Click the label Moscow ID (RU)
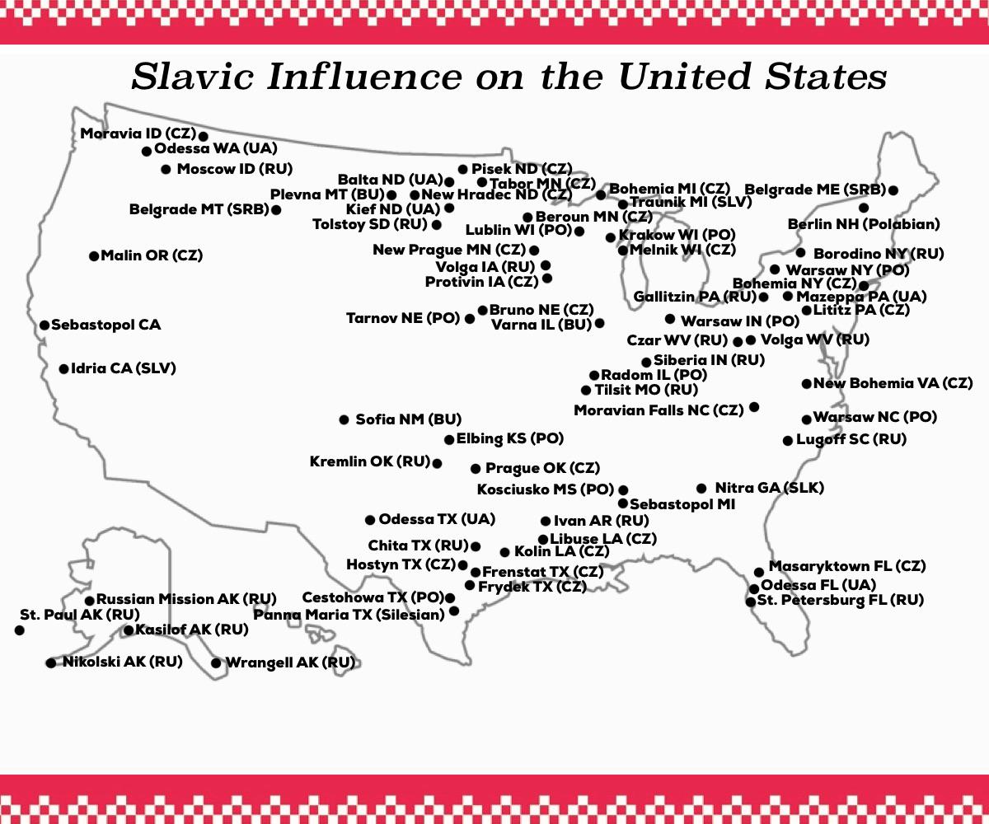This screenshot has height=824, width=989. point(235,169)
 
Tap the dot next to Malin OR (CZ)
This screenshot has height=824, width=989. point(94,256)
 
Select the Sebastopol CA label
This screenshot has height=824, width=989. point(105,325)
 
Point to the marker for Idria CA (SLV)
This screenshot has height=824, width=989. point(64,369)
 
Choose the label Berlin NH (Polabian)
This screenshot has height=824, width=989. point(864,224)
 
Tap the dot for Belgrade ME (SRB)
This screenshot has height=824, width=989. point(893,190)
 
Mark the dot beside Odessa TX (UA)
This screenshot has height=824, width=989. point(370,520)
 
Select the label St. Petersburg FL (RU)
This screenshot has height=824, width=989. point(840,600)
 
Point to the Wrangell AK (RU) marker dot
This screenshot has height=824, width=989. point(217,662)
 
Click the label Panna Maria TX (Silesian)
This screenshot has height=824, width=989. point(349,614)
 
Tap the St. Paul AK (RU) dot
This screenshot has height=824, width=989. point(20,630)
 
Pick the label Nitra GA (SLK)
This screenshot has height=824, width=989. point(769,488)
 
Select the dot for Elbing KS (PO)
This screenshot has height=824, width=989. point(449,440)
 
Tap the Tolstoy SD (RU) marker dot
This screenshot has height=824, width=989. point(436,225)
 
